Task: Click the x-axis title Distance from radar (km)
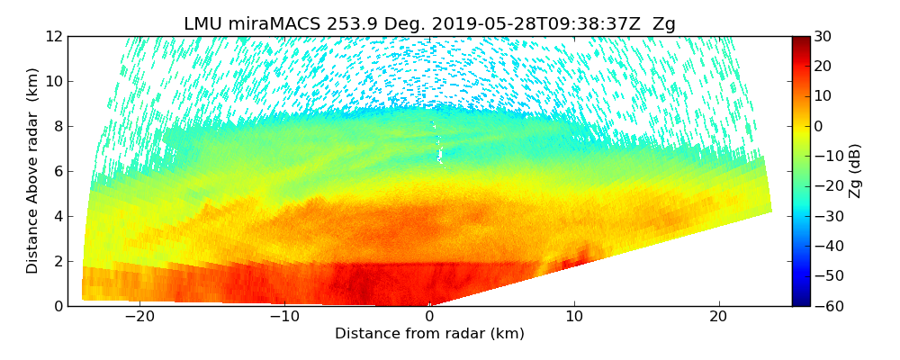(x=429, y=334)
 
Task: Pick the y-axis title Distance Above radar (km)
(x=32, y=171)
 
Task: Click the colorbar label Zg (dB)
(x=856, y=171)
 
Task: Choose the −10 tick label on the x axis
(x=283, y=317)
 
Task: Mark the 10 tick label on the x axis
(x=574, y=317)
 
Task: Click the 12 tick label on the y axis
(x=54, y=36)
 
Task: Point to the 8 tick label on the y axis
(x=58, y=126)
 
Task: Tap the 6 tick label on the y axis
(x=58, y=171)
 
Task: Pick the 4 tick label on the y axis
(x=58, y=216)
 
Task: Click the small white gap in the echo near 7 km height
(x=439, y=156)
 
